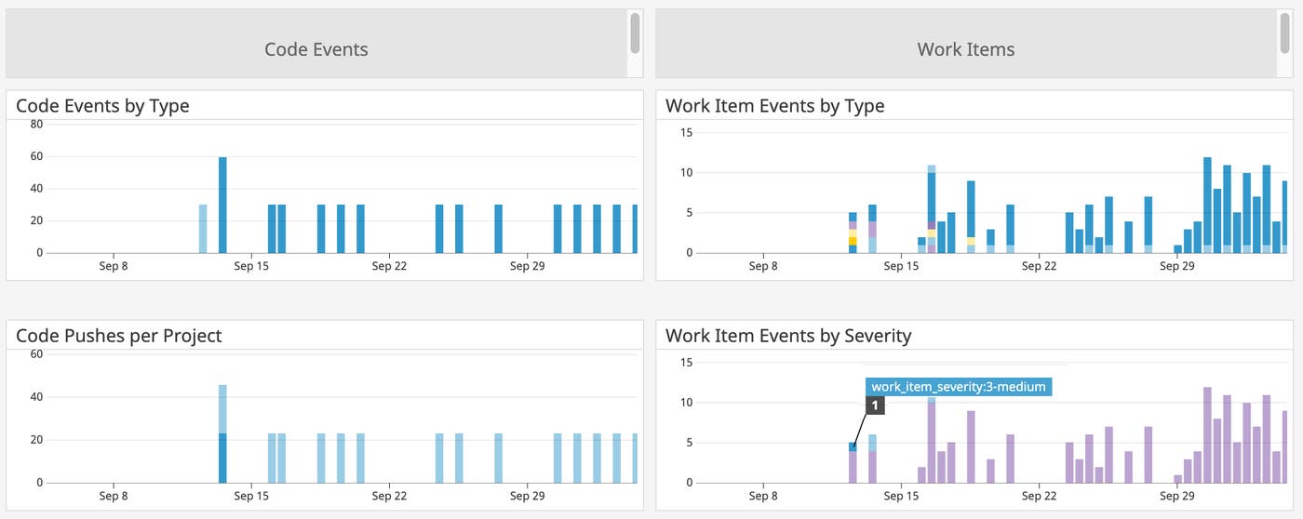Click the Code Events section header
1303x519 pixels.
click(316, 49)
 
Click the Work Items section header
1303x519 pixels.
click(965, 49)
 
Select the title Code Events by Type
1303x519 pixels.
click(102, 106)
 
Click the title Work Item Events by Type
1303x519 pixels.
click(774, 106)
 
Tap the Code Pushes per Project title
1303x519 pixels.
click(118, 336)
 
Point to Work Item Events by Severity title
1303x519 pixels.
click(787, 336)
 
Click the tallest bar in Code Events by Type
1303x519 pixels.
click(222, 205)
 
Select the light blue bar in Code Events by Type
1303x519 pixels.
click(203, 229)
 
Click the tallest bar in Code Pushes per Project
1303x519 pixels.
click(222, 433)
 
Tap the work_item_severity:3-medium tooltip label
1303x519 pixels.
click(959, 387)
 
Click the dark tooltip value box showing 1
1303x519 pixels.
click(874, 406)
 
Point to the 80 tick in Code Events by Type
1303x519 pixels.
click(36, 124)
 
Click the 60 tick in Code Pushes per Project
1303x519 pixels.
click(36, 353)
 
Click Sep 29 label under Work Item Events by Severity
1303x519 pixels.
click(1175, 496)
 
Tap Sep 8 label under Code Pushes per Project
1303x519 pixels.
click(114, 496)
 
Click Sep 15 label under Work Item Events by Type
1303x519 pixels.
click(900, 266)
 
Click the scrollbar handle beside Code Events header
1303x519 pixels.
click(635, 33)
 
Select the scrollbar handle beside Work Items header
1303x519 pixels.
click(1284, 33)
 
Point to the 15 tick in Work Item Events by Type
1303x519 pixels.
click(686, 132)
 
